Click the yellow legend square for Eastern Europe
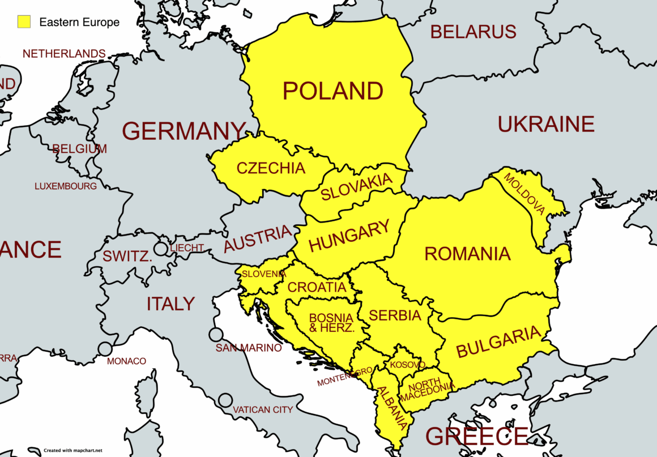(23, 22)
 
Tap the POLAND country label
(333, 91)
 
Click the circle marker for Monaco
(105, 349)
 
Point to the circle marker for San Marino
(215, 335)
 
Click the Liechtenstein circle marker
(161, 248)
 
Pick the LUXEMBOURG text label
(66, 186)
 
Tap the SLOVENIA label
(263, 274)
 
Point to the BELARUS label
(473, 32)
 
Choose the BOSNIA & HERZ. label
(331, 322)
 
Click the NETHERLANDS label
(63, 54)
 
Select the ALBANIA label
(391, 405)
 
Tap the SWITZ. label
(127, 256)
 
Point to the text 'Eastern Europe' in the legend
(79, 23)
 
